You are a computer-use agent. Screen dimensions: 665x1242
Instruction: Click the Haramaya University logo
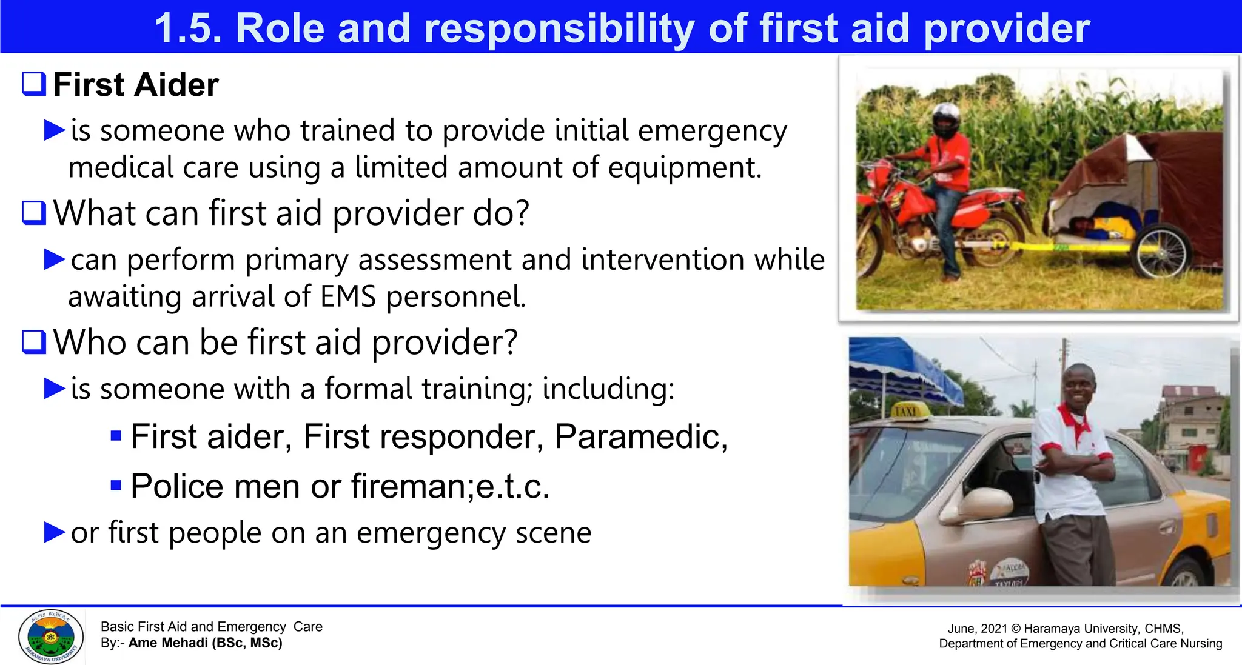[x=51, y=637]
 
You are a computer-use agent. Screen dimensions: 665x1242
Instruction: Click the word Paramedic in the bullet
[x=640, y=436]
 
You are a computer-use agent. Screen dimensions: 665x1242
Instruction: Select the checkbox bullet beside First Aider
[x=34, y=84]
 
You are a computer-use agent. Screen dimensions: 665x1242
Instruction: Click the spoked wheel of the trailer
[x=1161, y=252]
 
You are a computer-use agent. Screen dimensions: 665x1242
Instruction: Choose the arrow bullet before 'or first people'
[x=55, y=532]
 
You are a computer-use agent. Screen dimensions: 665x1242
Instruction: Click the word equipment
[x=684, y=168]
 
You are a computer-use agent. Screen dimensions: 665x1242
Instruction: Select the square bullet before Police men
[x=116, y=486]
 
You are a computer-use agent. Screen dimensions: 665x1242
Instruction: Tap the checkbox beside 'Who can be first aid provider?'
[x=34, y=342]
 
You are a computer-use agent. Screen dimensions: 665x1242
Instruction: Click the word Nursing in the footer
[x=1201, y=644]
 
